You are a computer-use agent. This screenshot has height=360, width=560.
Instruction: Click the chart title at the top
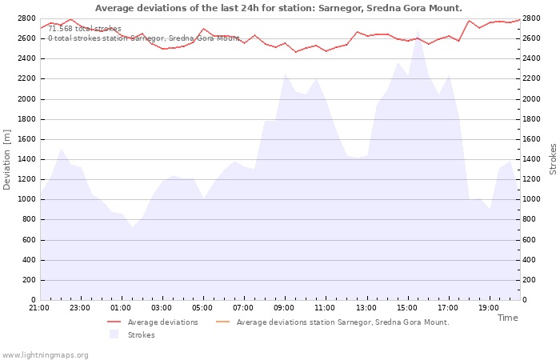tap(278, 8)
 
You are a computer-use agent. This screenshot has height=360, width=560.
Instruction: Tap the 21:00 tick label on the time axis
tap(39, 308)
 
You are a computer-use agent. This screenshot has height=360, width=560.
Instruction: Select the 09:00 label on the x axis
tap(284, 308)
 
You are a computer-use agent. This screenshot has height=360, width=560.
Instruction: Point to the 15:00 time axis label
tap(406, 308)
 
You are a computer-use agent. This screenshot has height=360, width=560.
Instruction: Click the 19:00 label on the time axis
tap(489, 308)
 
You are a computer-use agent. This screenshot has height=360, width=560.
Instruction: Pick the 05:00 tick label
tap(202, 308)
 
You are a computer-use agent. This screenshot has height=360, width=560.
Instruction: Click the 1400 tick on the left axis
tap(26, 159)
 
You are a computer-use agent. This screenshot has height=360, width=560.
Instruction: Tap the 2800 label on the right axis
tap(531, 18)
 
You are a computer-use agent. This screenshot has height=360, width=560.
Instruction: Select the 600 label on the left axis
tap(29, 240)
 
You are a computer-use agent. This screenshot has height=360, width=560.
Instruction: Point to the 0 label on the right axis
tap(525, 300)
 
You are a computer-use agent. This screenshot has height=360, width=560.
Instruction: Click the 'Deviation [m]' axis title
tap(6, 160)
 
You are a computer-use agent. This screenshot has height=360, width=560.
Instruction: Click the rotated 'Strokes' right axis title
tap(553, 159)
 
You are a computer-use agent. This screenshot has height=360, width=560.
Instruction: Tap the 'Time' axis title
tap(507, 318)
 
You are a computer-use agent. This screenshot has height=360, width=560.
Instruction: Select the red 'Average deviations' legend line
tap(114, 322)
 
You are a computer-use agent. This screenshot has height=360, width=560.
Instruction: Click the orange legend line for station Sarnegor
tap(223, 322)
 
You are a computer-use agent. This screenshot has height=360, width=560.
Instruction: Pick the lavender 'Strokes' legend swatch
tap(114, 334)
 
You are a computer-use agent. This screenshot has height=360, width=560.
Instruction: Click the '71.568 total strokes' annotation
tap(85, 29)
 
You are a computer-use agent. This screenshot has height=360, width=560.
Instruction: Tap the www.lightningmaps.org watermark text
tap(45, 355)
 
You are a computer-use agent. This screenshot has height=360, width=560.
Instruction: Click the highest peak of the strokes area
tap(418, 30)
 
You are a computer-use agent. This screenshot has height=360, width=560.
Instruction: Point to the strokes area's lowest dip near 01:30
tap(133, 226)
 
